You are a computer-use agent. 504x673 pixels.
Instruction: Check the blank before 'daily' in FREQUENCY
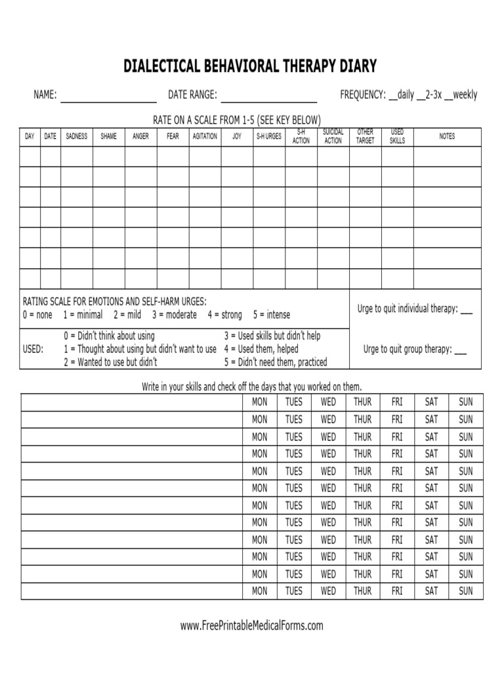tap(393, 96)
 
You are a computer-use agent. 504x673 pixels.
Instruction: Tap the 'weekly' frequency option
tap(465, 95)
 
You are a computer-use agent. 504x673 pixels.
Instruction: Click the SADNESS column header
tap(77, 137)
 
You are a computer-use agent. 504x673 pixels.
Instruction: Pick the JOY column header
tap(237, 137)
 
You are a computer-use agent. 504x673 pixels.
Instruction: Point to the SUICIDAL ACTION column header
tap(333, 137)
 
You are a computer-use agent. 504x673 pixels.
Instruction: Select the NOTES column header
tap(447, 137)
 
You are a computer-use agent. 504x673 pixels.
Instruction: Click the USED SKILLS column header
tap(397, 137)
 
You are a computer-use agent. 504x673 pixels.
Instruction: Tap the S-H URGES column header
tap(269, 137)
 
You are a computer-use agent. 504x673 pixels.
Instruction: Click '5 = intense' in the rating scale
tap(271, 315)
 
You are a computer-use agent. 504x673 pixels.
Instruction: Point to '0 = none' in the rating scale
tap(37, 315)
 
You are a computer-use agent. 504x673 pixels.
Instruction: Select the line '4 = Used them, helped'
tap(261, 349)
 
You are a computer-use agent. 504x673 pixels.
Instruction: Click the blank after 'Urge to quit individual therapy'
tap(466, 310)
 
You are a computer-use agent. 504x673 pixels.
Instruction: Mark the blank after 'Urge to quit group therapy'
tap(460, 350)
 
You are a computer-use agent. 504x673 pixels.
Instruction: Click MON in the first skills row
tap(260, 402)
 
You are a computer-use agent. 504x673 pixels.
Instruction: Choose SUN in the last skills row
tap(465, 591)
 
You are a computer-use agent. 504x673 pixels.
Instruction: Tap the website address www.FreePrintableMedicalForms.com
tap(252, 626)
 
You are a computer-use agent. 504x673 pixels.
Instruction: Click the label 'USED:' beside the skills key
tap(33, 349)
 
